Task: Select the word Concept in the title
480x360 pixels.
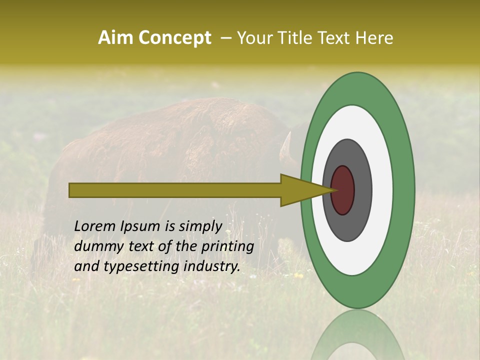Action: (174, 38)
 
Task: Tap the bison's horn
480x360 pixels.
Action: (286, 148)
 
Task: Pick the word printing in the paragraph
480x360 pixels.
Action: (228, 247)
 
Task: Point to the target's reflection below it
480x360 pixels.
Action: (357, 335)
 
